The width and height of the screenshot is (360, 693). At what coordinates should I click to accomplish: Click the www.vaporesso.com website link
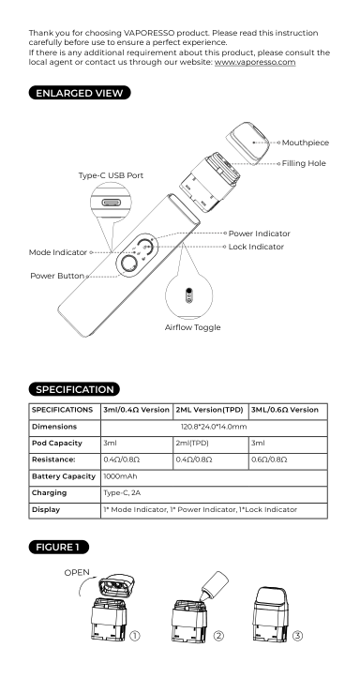tap(255, 62)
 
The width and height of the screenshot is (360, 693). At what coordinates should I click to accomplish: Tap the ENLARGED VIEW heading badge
tap(80, 93)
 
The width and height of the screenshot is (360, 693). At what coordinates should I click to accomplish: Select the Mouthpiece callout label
tap(306, 143)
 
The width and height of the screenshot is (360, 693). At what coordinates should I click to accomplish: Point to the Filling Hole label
tap(304, 163)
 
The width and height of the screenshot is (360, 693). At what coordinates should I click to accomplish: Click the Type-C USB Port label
tap(111, 175)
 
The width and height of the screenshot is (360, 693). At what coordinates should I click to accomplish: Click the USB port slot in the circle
tap(111, 203)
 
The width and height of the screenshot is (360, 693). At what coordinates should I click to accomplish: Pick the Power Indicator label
tap(260, 234)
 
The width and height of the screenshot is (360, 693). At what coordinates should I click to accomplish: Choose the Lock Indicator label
tap(256, 247)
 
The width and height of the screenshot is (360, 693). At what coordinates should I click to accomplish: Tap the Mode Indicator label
tap(58, 252)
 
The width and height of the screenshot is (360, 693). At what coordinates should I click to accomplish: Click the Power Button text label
tap(57, 276)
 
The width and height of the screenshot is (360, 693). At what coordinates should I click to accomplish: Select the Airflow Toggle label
tap(192, 327)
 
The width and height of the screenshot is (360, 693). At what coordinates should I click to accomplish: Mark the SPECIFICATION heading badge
tap(74, 389)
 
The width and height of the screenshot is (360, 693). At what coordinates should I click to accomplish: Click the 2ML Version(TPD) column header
tap(210, 410)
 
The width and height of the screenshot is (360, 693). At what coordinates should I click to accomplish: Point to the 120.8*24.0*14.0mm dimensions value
tap(214, 427)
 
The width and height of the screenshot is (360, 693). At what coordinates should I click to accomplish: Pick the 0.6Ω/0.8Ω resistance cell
tap(269, 459)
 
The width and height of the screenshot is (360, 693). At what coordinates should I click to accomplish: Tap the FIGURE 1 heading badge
tap(59, 547)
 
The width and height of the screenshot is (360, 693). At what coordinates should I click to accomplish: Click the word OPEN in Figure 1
tap(77, 573)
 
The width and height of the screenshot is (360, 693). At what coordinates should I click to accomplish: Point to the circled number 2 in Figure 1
tap(218, 636)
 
